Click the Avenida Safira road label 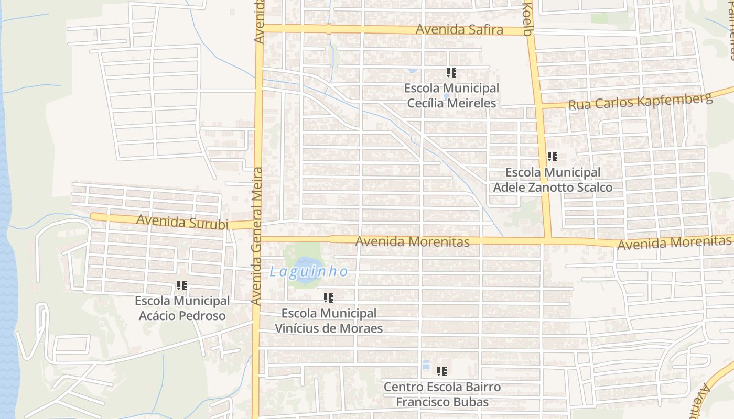pos(459,30)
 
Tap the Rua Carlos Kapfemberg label pos(641,101)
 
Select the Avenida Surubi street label pos(182,222)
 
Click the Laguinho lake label pos(308,272)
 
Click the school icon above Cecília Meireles pos(451,73)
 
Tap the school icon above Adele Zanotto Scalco pos(552,156)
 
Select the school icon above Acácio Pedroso pos(182,285)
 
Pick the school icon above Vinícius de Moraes pos(329,298)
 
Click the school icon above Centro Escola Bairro pos(442,371)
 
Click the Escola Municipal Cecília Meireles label pos(451,95)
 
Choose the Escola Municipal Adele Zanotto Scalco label pos(553,180)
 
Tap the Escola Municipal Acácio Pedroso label pos(182,308)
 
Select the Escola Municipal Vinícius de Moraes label pos(329,321)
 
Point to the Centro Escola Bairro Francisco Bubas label pos(442,394)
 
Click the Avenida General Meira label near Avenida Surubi pos(257,236)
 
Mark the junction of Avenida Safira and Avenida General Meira pos(258,28)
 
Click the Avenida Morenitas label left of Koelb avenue pos(412,241)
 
